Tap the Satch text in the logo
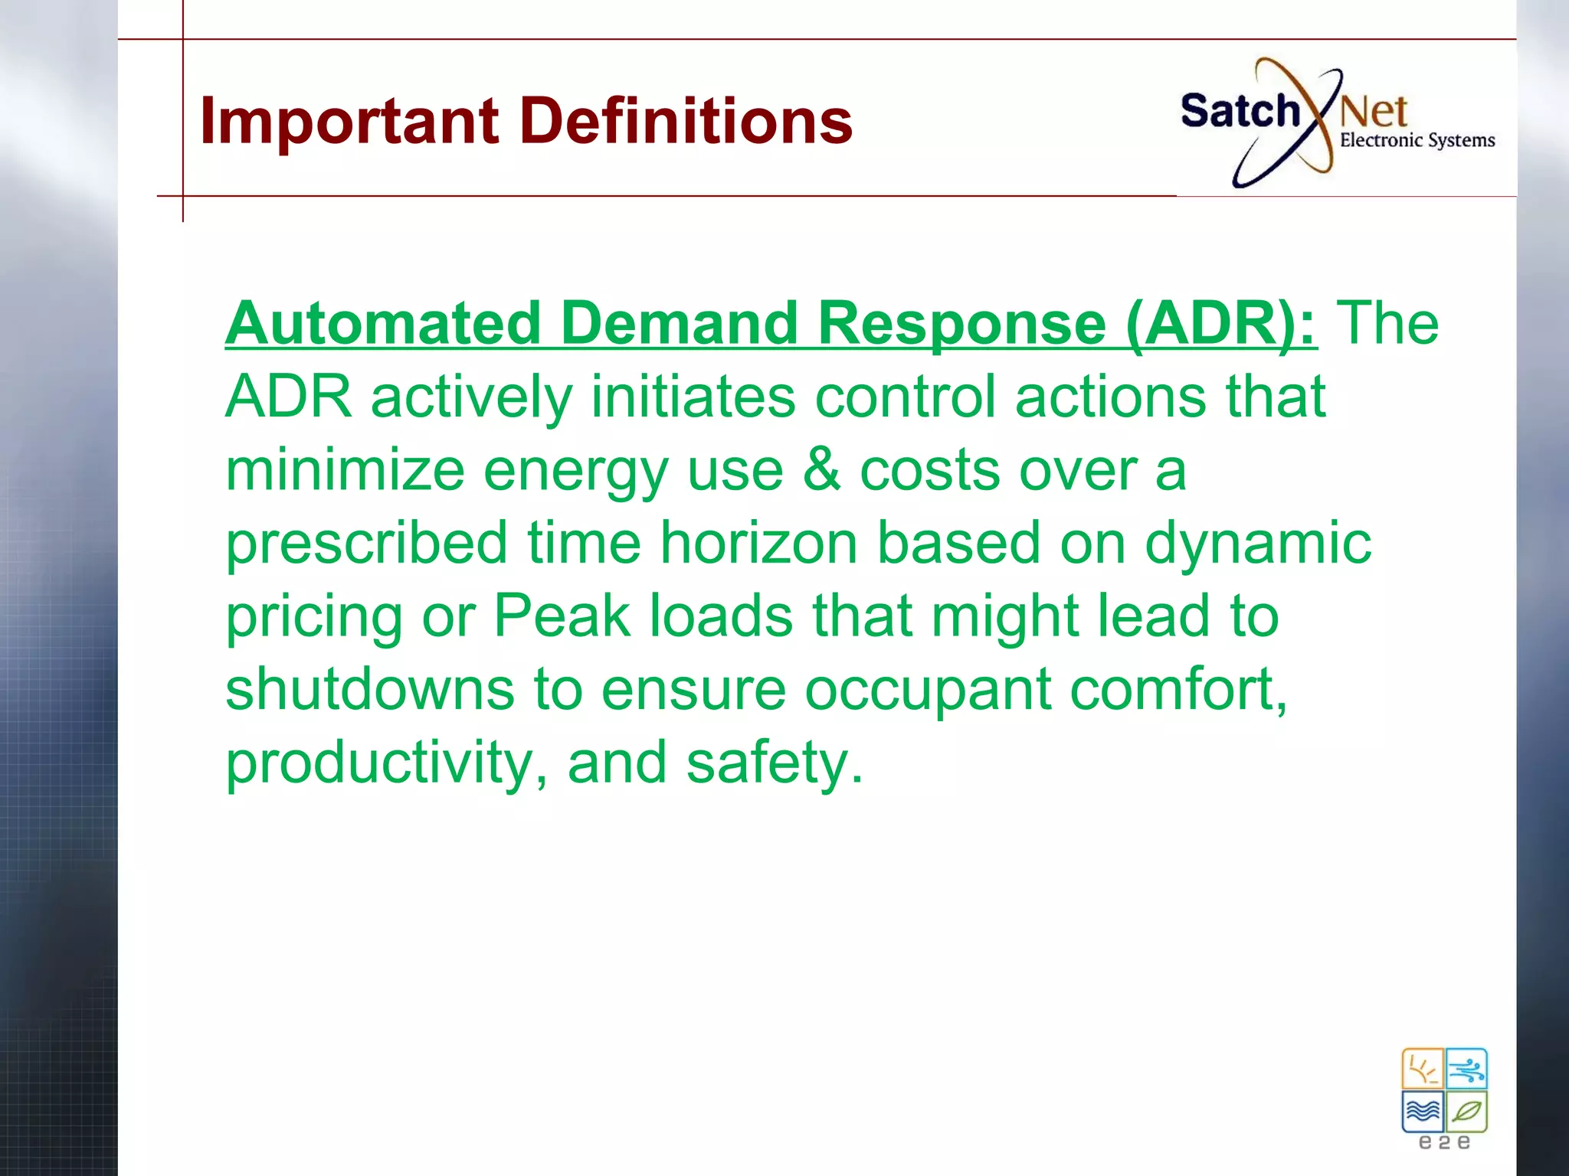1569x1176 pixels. pyautogui.click(x=1240, y=112)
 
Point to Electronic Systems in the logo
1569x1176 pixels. pyautogui.click(x=1417, y=140)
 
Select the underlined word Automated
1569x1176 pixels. pyautogui.click(x=383, y=323)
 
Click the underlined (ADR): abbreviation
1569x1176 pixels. pyautogui.click(x=1221, y=323)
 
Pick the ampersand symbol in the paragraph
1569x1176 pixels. pyautogui.click(x=821, y=470)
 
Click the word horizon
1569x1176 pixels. pyautogui.click(x=758, y=543)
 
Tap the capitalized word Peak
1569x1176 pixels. pyautogui.click(x=562, y=616)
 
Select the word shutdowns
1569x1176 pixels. pyautogui.click(x=369, y=689)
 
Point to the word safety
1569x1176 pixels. pyautogui.click(x=774, y=763)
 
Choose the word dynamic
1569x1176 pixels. pyautogui.click(x=1257, y=543)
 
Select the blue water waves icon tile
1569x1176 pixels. pyautogui.click(x=1423, y=1111)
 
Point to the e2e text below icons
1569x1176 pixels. pyautogui.click(x=1445, y=1143)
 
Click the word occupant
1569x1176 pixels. pyautogui.click(x=927, y=689)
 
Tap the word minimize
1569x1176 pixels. pyautogui.click(x=345, y=470)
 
